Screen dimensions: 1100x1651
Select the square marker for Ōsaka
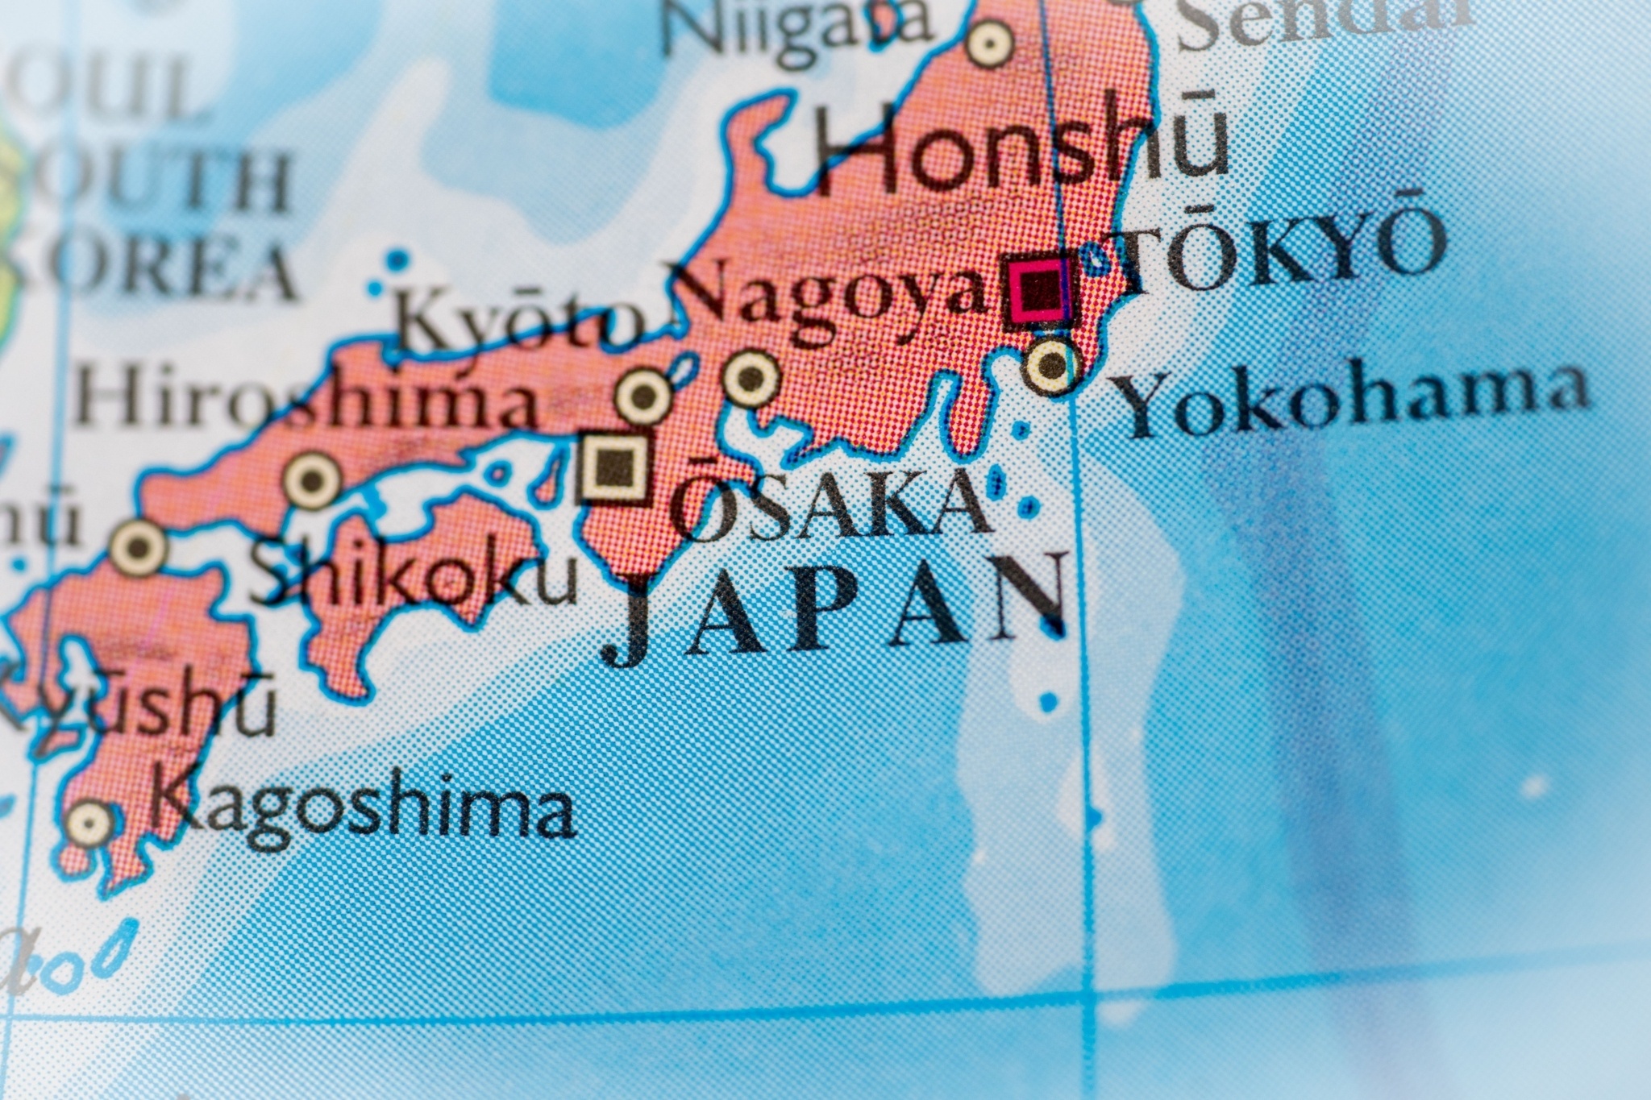(x=617, y=467)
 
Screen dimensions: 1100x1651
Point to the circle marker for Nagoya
(x=751, y=376)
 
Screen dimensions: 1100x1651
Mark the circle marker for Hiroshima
(x=313, y=481)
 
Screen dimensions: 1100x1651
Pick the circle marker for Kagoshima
(x=90, y=823)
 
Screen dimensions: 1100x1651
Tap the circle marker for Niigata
(x=990, y=42)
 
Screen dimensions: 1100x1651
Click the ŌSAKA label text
(x=830, y=504)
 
